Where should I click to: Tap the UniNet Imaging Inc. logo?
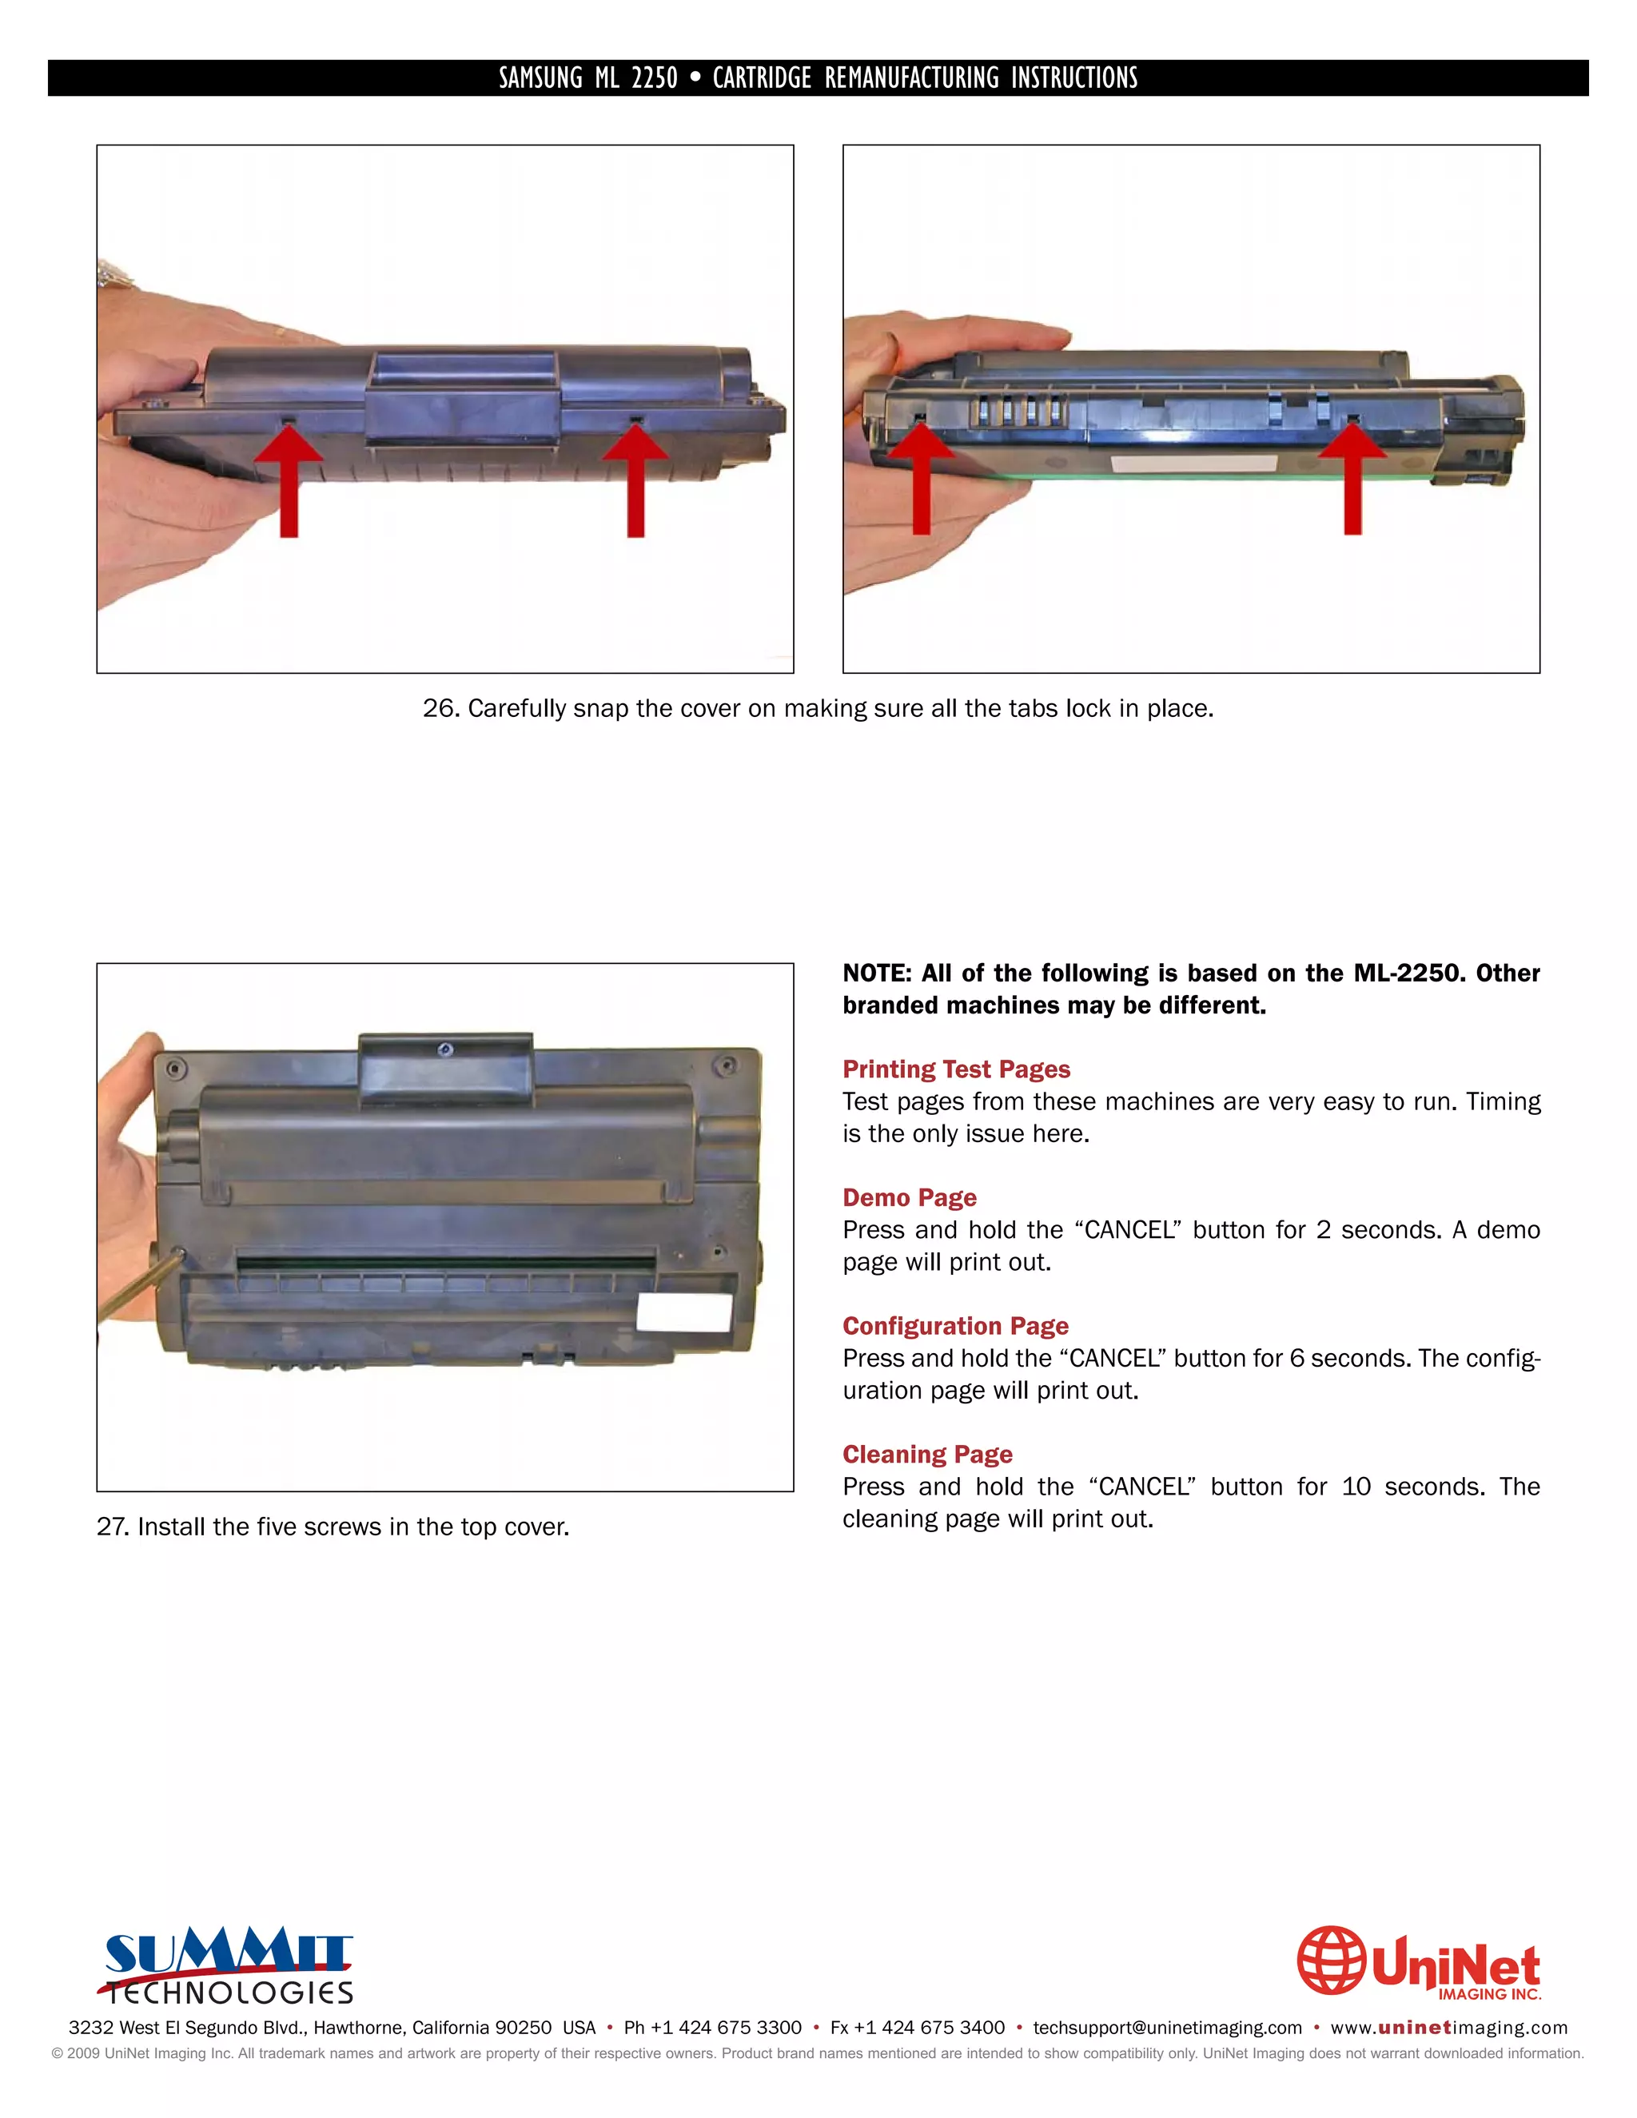(1419, 1963)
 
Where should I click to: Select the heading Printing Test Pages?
(955, 1069)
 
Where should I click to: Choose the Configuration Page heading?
(954, 1326)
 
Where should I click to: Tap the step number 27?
(112, 1527)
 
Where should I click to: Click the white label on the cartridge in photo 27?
(683, 1312)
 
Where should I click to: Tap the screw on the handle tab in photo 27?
(445, 1049)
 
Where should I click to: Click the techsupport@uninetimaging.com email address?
(1167, 2028)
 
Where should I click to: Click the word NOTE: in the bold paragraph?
(876, 973)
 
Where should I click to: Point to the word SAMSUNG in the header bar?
(540, 78)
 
